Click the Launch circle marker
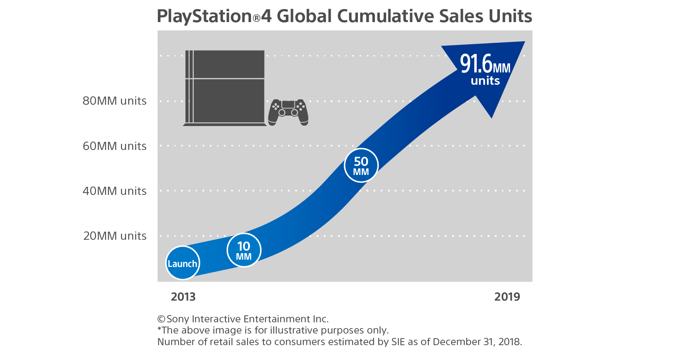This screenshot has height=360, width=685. point(183,263)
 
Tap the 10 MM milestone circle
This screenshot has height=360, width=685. point(244,250)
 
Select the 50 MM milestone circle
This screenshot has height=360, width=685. point(361,165)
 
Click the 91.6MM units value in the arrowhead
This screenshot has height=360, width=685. point(485,64)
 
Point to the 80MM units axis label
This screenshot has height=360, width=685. point(114,101)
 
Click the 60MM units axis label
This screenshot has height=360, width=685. point(114,146)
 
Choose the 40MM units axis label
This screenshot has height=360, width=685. point(114,191)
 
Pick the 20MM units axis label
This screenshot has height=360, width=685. point(115,236)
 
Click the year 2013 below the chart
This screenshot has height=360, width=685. point(183,297)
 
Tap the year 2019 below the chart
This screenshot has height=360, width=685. point(507,297)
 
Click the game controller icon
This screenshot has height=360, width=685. point(288,112)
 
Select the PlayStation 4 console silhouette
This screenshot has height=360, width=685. point(225,88)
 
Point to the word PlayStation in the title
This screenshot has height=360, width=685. point(204,17)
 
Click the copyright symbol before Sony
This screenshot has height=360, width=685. point(161,319)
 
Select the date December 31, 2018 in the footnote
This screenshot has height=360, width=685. point(477,342)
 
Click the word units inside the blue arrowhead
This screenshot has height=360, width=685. point(485,81)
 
